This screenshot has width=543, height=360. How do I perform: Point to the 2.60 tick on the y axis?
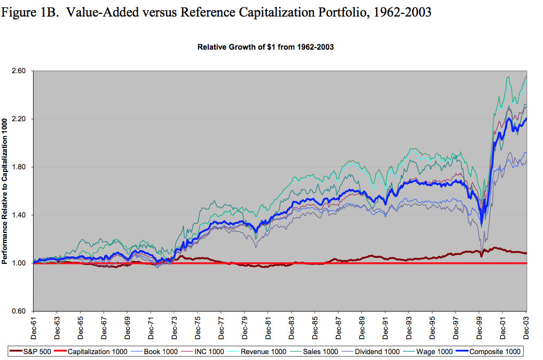pyautogui.click(x=19, y=71)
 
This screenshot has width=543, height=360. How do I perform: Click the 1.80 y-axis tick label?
pyautogui.click(x=19, y=167)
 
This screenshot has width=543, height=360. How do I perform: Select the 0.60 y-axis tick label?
pyautogui.click(x=19, y=311)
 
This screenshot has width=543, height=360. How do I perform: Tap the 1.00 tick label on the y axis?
pyautogui.click(x=19, y=263)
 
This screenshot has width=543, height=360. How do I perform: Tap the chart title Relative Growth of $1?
pyautogui.click(x=265, y=47)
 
